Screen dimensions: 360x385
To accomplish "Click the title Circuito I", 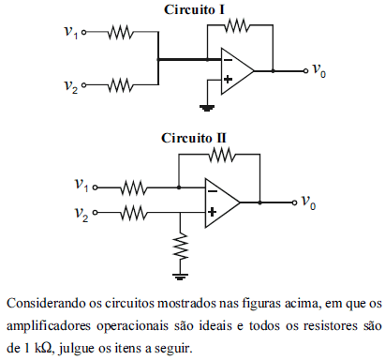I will (x=194, y=8).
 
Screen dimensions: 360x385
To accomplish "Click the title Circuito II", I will (x=194, y=137).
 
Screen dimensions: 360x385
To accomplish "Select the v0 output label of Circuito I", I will (x=319, y=70).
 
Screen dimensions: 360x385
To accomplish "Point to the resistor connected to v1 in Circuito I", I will (x=120, y=32).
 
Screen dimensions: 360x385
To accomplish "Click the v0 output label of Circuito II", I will (x=308, y=201).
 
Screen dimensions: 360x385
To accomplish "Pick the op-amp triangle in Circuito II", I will (x=224, y=201).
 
